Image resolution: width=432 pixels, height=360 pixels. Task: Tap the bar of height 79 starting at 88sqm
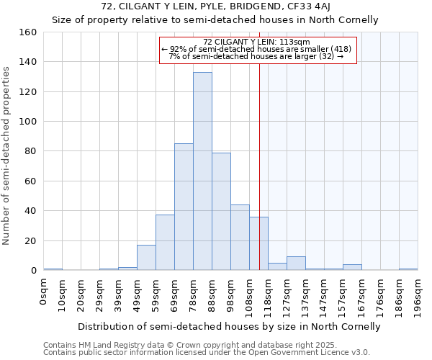coord(221,212)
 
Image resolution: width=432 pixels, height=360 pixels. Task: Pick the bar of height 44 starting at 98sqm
coord(240,238)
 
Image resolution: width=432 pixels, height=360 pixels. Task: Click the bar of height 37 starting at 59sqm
coord(165,243)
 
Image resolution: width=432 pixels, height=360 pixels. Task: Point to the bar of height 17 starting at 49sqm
coord(146,258)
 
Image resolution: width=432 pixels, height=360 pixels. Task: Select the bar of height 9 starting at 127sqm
coord(296,264)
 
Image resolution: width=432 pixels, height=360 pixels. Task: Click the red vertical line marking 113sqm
coord(259,180)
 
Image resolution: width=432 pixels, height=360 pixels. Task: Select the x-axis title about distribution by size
coord(229,326)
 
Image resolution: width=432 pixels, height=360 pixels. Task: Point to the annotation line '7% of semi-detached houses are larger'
coord(256,56)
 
